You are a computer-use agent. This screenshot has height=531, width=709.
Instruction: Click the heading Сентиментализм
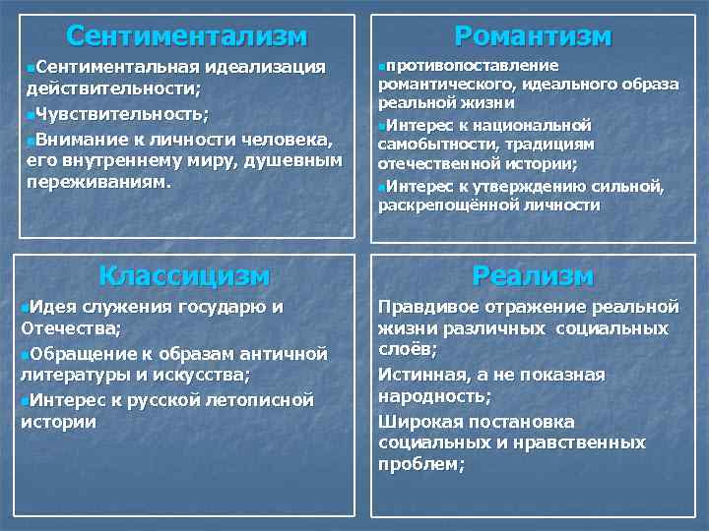(187, 36)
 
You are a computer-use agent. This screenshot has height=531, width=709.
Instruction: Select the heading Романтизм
(532, 36)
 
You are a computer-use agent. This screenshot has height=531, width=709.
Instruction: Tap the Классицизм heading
(185, 275)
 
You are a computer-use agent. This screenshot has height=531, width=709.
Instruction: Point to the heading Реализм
(532, 275)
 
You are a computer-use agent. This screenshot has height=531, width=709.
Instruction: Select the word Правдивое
(425, 307)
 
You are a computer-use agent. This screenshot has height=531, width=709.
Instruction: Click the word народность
(432, 396)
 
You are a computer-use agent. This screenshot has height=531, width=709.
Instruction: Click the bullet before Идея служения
(25, 307)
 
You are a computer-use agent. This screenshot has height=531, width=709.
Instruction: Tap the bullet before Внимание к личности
(25, 137)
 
